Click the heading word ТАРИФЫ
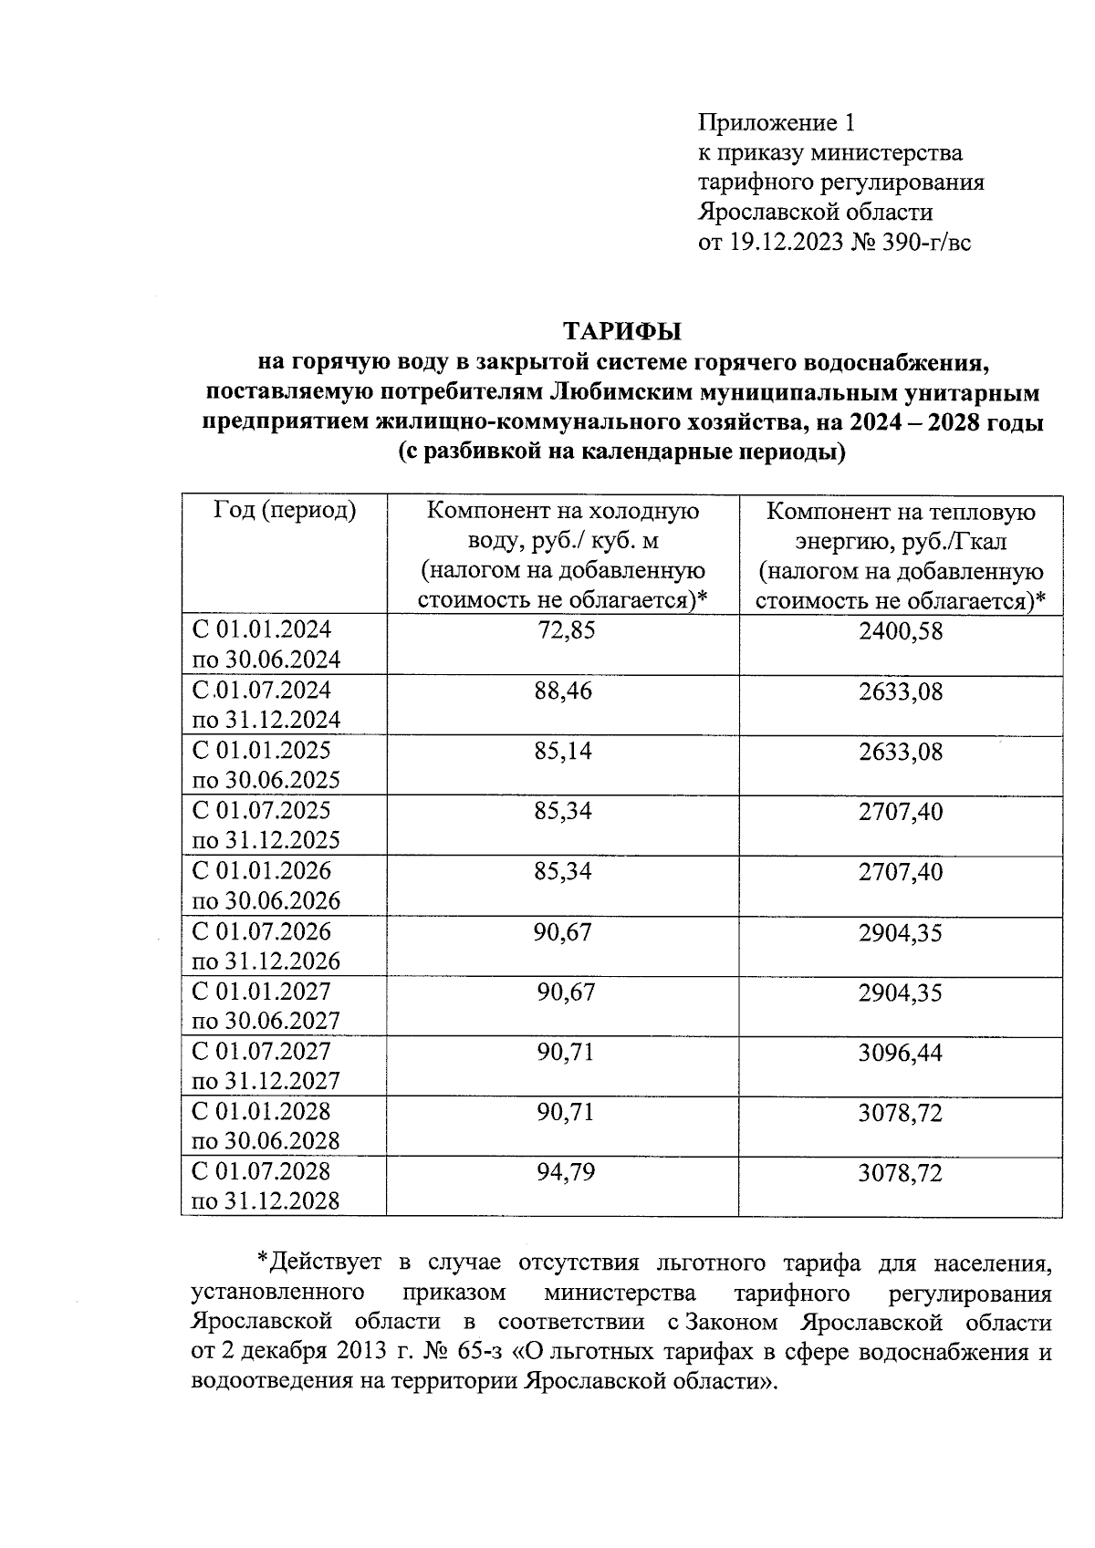click(622, 329)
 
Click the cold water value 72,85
click(566, 630)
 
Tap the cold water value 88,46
click(563, 691)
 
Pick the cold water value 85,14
click(563, 751)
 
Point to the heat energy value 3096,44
click(900, 1054)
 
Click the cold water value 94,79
click(566, 1172)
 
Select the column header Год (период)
click(285, 510)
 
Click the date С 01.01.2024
click(262, 629)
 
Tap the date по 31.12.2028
click(266, 1201)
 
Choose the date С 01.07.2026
click(262, 932)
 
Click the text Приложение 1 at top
click(777, 122)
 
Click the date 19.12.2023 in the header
click(786, 243)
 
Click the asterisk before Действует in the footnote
click(263, 1263)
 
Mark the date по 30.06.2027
click(266, 1021)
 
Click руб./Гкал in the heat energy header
click(954, 542)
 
